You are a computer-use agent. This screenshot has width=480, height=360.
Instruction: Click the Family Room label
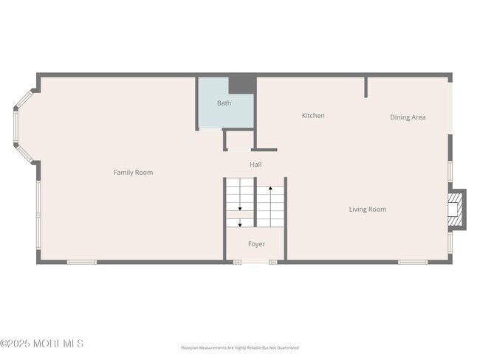click(133, 173)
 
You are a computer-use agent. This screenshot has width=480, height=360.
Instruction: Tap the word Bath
click(224, 103)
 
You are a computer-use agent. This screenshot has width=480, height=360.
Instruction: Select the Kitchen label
click(313, 116)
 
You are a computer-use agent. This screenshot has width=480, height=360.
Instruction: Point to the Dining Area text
click(408, 117)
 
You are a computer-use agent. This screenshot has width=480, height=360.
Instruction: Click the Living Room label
click(368, 210)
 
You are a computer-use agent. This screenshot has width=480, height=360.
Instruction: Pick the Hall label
click(256, 165)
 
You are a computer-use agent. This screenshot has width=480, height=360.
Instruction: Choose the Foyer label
click(256, 244)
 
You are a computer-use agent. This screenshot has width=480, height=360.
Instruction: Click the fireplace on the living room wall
click(458, 210)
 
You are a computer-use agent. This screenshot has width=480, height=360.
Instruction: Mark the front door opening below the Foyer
click(256, 261)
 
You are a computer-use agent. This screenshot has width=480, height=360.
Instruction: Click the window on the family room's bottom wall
click(82, 261)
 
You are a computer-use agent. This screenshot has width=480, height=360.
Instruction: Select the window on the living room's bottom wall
click(413, 261)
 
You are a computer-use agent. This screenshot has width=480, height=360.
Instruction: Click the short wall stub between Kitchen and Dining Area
click(366, 86)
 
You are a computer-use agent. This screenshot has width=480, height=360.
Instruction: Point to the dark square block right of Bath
click(241, 83)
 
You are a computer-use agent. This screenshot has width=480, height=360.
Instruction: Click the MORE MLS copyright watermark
click(42, 344)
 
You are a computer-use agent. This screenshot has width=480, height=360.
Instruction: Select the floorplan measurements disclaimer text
click(240, 347)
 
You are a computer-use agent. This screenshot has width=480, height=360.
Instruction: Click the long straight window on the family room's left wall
click(38, 214)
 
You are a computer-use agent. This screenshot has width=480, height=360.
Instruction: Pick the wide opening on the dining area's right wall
click(450, 105)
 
